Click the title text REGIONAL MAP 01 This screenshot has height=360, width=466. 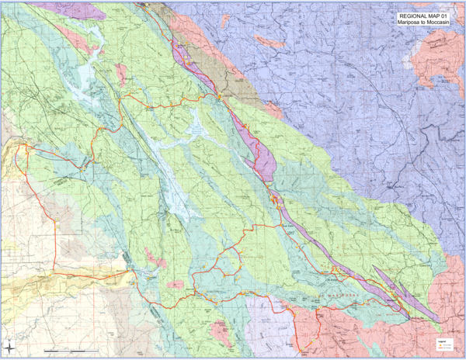pos(424,16)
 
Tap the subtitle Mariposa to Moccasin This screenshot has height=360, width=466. pos(424,22)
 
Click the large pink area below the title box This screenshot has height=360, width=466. pos(435,62)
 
